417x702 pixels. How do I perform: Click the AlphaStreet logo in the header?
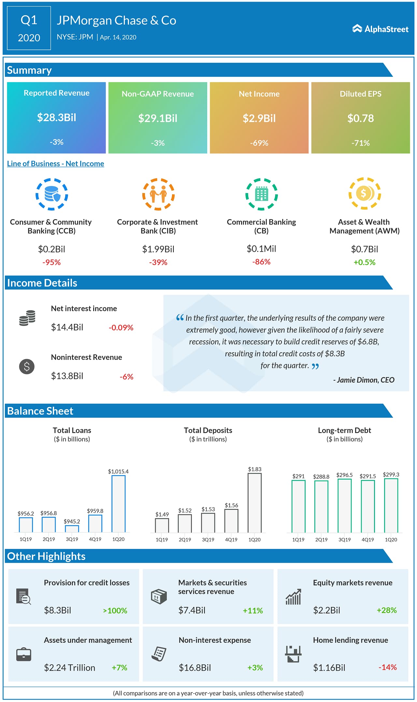pos(380,29)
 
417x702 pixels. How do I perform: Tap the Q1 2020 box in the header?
pos(29,28)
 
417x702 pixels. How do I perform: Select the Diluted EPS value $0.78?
pos(360,118)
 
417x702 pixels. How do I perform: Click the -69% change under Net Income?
pos(259,143)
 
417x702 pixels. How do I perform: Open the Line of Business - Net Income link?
pos(55,163)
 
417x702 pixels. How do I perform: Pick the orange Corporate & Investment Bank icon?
pos(158,194)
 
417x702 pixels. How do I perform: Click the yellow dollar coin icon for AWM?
pos(365,193)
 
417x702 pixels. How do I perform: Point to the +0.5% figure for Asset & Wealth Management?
pos(364,262)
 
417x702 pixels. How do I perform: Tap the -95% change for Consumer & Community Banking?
pos(51,262)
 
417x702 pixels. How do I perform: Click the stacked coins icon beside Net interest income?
pos(27,318)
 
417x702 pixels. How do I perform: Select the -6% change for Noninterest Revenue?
pos(126,377)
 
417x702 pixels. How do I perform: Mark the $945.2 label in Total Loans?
pos(72,521)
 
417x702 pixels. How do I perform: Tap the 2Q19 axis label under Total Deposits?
pos(185,540)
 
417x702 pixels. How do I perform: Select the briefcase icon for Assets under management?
pos(24,654)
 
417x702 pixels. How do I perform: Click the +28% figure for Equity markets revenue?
pos(386,610)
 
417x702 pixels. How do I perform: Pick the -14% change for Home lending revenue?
pos(387,667)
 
